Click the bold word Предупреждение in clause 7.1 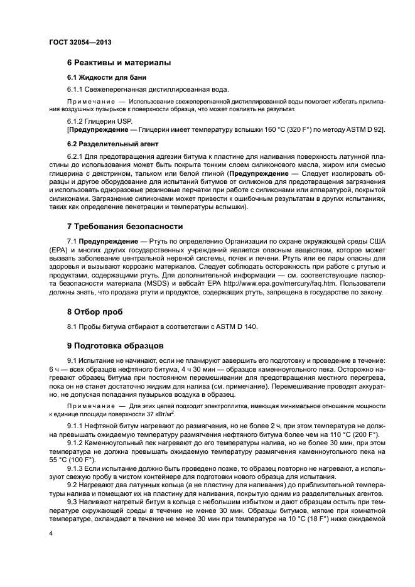coord(106,241)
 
